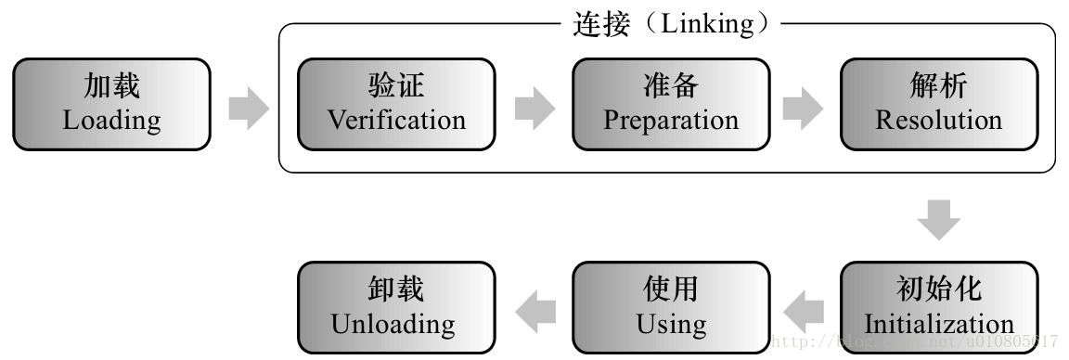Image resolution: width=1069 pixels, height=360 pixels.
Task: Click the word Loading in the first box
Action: (111, 120)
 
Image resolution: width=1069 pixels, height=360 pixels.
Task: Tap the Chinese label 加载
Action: (111, 88)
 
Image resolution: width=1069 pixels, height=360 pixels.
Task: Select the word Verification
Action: (396, 120)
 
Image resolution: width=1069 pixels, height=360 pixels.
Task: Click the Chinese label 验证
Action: (396, 88)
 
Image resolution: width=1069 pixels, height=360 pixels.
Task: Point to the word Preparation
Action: (670, 120)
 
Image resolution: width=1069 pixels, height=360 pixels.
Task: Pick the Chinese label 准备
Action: (670, 88)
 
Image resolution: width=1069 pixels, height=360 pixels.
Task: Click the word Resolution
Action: (938, 120)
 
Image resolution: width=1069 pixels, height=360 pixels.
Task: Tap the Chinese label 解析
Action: (938, 88)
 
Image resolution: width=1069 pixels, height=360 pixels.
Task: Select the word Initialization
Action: (938, 324)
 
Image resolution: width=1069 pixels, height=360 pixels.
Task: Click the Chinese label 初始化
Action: (938, 290)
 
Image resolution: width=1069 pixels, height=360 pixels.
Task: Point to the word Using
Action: (670, 324)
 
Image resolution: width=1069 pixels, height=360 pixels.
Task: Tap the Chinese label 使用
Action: (670, 290)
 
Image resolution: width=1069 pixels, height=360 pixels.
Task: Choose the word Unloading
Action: (393, 324)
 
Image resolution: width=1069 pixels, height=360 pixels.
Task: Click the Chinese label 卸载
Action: (393, 290)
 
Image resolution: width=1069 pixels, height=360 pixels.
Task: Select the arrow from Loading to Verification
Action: (248, 109)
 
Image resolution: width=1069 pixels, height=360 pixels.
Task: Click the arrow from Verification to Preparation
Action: (534, 109)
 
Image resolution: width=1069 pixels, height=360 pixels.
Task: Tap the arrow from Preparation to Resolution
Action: (803, 109)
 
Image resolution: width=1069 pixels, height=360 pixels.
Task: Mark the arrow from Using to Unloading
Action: (535, 309)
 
